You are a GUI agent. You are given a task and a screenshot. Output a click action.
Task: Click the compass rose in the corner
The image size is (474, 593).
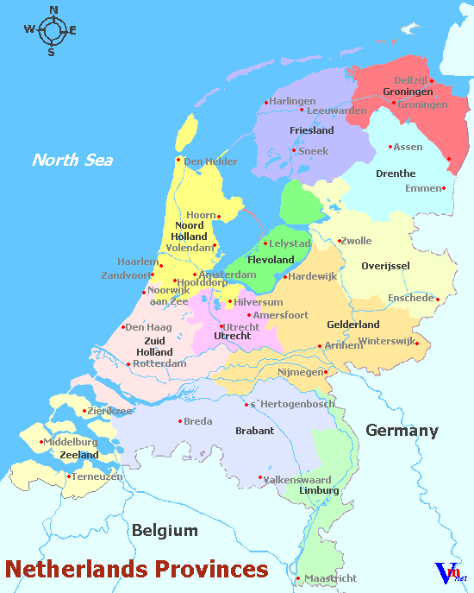tap(52, 31)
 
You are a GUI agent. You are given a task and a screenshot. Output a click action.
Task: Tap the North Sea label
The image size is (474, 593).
tap(72, 160)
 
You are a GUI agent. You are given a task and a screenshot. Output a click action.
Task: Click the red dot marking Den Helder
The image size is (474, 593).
tap(178, 159)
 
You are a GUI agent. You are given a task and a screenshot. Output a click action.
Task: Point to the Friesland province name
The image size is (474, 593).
tap(312, 130)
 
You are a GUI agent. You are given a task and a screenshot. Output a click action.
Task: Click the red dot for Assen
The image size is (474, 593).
tap(390, 147)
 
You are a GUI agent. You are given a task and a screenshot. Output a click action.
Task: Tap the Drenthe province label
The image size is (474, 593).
tap(396, 173)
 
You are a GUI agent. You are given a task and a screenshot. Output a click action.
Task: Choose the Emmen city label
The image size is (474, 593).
tap(422, 188)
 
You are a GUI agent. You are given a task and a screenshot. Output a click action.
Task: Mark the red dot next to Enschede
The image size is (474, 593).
tap(438, 300)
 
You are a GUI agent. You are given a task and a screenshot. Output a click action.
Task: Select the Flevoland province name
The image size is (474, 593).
tap(271, 259)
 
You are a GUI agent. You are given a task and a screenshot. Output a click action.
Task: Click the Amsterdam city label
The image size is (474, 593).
tap(228, 274)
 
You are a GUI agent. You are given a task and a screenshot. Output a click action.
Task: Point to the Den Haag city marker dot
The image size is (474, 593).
tap(123, 326)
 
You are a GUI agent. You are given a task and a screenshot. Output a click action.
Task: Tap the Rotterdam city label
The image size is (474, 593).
tap(160, 363)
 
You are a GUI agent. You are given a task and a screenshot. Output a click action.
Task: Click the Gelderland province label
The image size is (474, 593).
tap(353, 325)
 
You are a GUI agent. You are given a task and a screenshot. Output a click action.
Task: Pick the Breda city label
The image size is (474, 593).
tap(197, 421)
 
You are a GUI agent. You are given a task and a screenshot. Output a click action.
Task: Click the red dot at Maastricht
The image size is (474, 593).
tap(297, 578)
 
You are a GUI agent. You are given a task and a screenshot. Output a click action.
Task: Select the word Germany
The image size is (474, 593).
tap(402, 431)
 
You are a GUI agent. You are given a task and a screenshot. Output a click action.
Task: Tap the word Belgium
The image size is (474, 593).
tap(165, 531)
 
